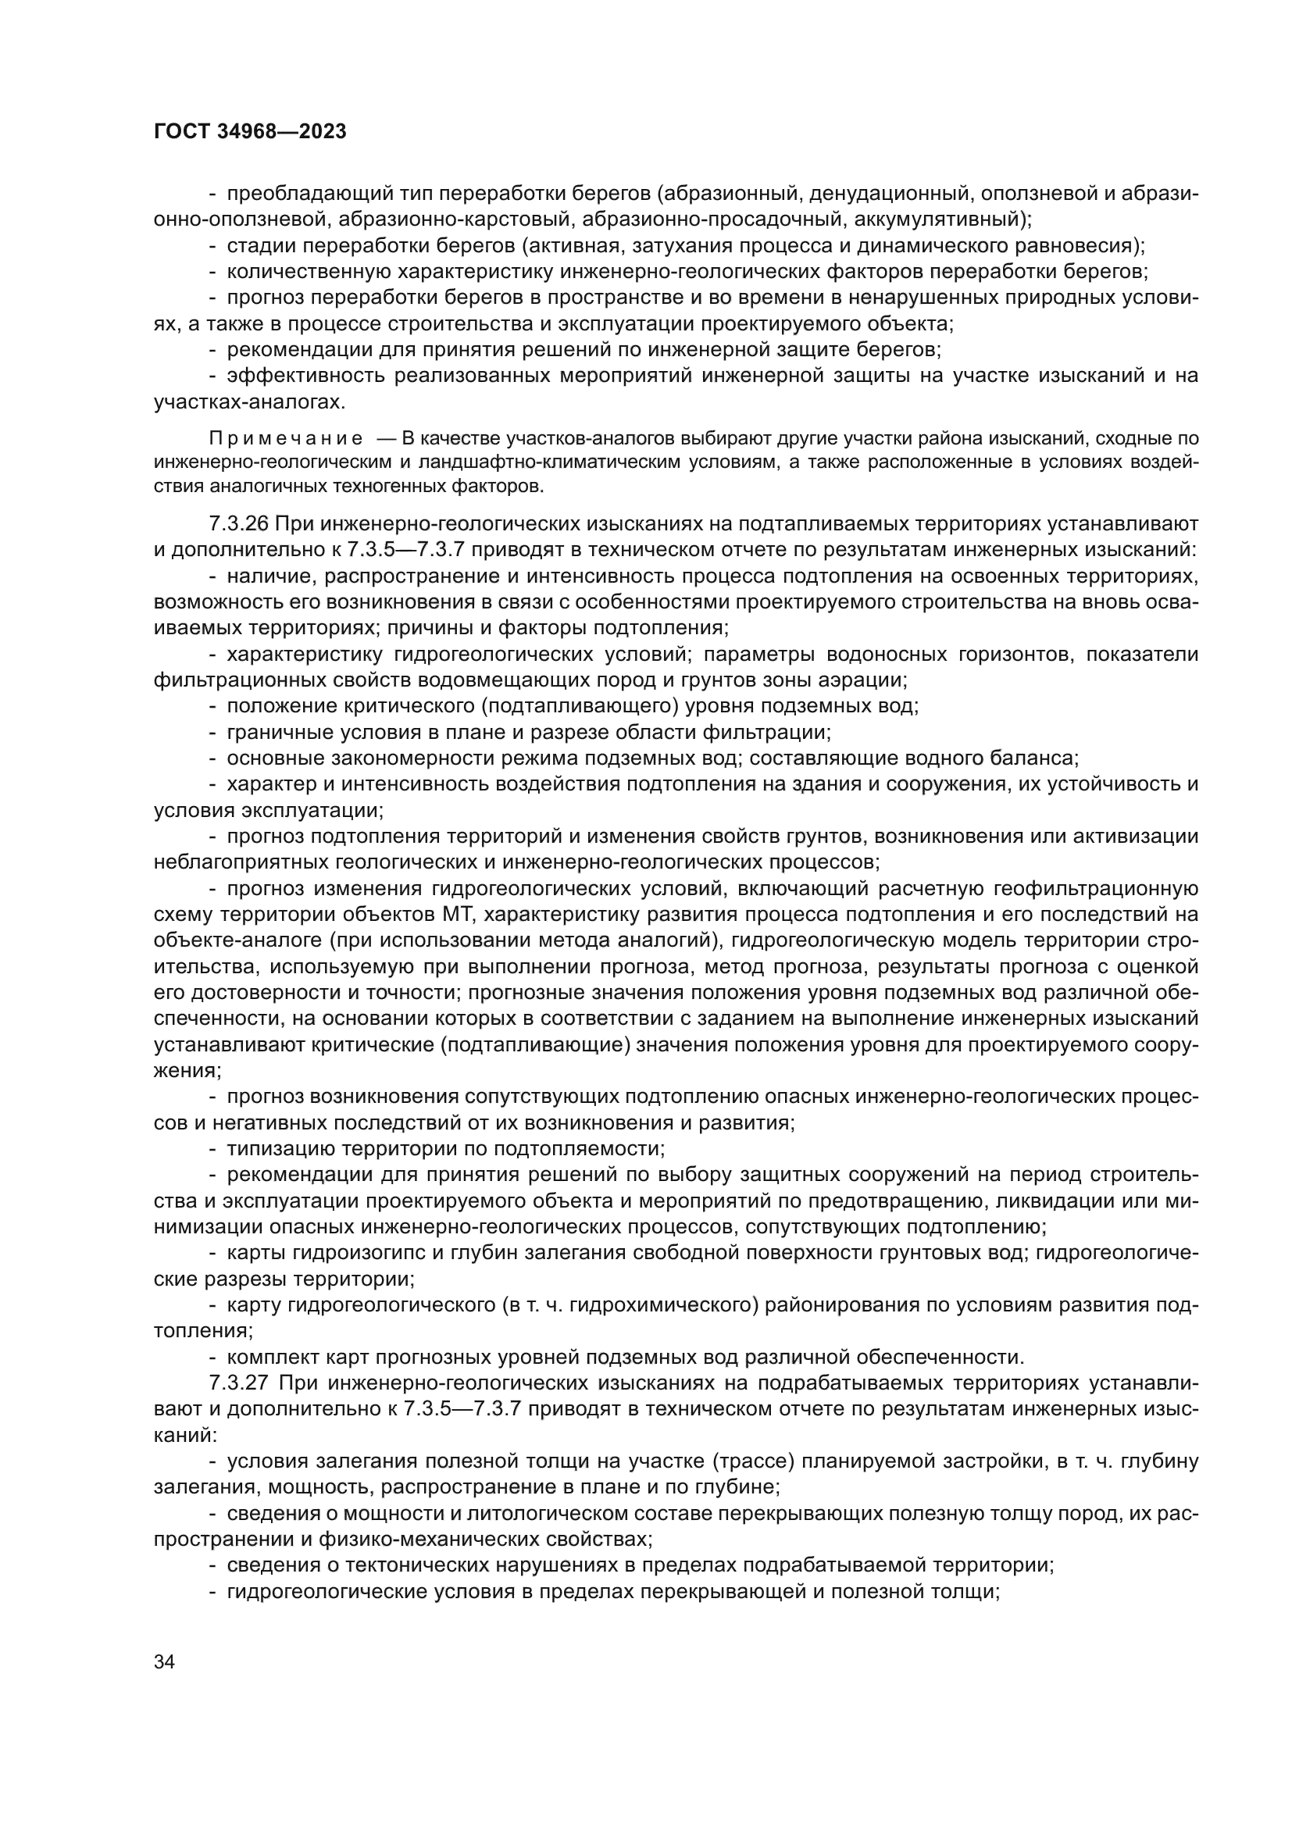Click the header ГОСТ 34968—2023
click(x=250, y=132)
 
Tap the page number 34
click(x=164, y=1661)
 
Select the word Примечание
click(x=287, y=438)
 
